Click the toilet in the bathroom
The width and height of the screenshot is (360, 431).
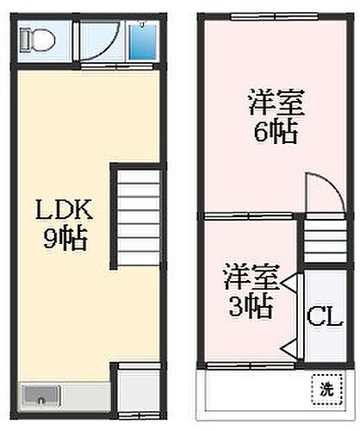click(x=40, y=38)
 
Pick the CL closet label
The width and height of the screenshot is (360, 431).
click(x=322, y=315)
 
